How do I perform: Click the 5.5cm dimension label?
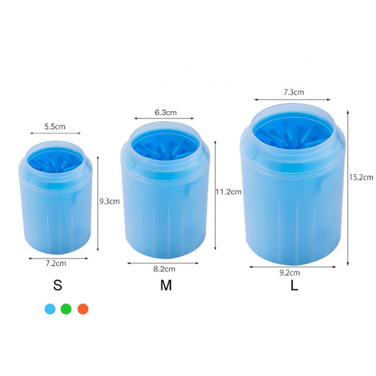[x=55, y=126]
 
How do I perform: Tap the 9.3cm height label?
[x=109, y=201]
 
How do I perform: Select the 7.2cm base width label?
[x=56, y=263]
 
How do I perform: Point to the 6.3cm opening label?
[x=165, y=112]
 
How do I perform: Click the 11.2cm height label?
[x=229, y=192]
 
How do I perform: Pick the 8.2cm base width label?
[x=164, y=269]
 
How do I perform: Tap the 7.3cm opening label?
[x=294, y=92]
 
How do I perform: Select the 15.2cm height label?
[x=361, y=177]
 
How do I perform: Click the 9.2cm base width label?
[x=290, y=273]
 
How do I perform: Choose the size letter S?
[x=58, y=285]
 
